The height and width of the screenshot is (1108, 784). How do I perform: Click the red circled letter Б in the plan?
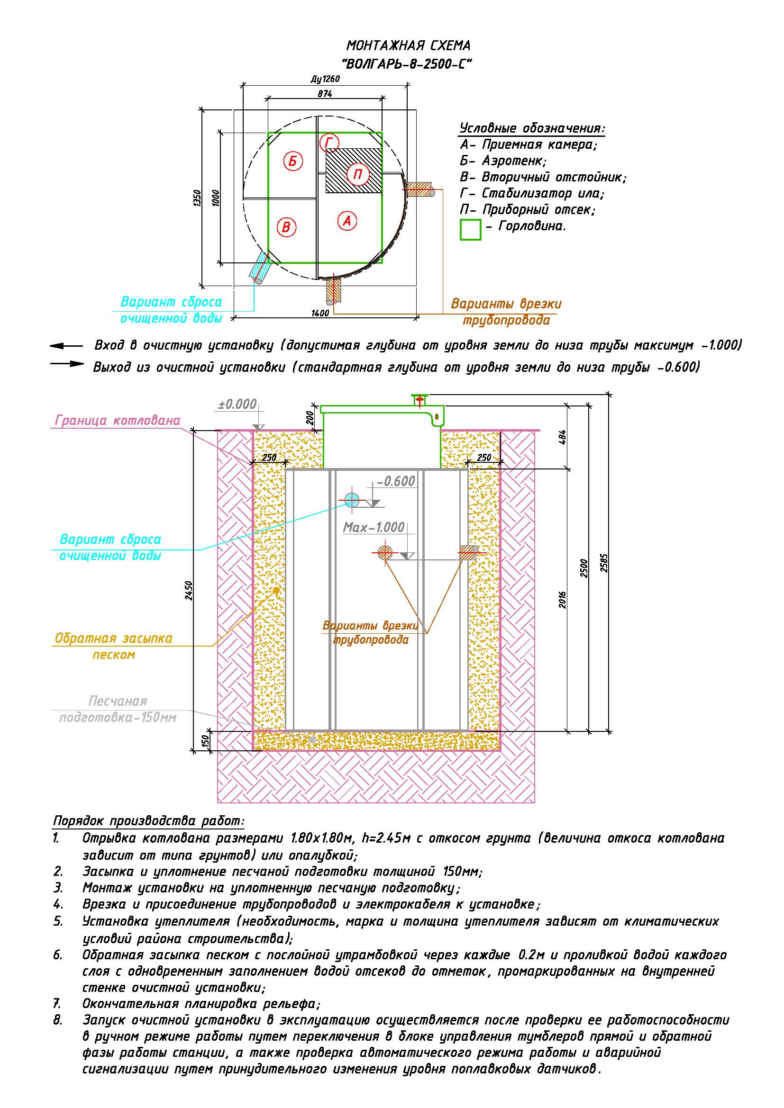(x=293, y=161)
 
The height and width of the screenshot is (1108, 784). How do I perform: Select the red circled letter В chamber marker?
(x=286, y=227)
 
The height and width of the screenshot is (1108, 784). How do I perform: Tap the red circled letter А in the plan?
(x=346, y=221)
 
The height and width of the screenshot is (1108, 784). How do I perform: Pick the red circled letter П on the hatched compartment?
(x=357, y=174)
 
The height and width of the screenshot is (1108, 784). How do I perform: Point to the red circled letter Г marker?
(x=329, y=143)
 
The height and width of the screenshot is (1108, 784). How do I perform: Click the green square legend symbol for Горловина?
(x=470, y=230)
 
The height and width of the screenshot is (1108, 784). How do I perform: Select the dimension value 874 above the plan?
(x=325, y=94)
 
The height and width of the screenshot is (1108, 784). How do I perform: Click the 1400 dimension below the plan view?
(x=320, y=313)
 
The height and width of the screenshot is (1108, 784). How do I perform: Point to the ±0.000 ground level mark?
(x=237, y=405)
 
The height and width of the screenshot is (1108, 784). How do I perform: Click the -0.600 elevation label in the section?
(x=396, y=481)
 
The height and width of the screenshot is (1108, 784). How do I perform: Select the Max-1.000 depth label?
(x=374, y=527)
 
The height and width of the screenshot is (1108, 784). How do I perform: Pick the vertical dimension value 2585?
(x=604, y=563)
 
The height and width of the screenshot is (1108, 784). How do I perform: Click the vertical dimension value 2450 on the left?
(x=189, y=590)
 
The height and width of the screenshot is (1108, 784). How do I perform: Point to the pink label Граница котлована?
(x=117, y=421)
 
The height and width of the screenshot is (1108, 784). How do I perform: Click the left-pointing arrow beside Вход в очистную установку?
(x=66, y=346)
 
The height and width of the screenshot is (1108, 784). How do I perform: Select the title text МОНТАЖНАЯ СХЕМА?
(x=408, y=46)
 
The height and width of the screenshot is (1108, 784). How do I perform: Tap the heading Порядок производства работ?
(x=149, y=821)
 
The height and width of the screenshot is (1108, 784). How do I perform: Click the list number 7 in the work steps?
(x=57, y=1004)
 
